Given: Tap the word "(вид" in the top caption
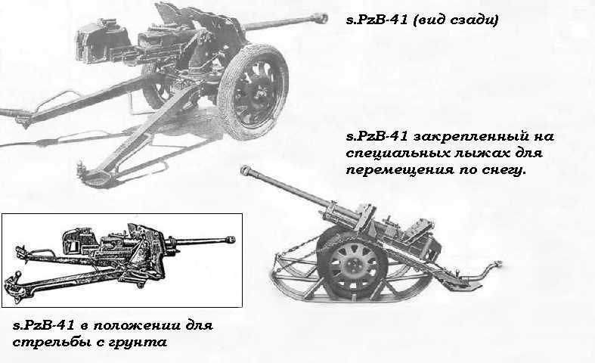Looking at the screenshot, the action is click(x=428, y=20).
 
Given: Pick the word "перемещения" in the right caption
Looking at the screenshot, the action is click(x=401, y=170).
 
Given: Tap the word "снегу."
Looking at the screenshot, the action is click(x=504, y=170).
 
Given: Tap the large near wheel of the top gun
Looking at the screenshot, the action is click(x=253, y=92).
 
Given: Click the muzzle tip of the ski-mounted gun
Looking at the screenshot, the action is click(x=246, y=170).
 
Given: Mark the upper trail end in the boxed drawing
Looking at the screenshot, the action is click(x=21, y=253).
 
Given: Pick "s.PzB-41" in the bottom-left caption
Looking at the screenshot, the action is click(x=45, y=326).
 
